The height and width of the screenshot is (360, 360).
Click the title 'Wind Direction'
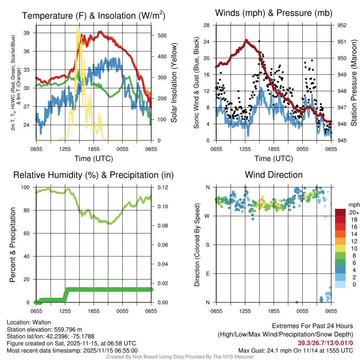click(x=274, y=175)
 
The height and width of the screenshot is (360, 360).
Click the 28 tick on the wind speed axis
click(x=207, y=25)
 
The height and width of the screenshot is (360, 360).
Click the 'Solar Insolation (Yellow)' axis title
click(x=174, y=83)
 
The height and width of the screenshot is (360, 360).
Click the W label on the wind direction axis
click(x=207, y=216)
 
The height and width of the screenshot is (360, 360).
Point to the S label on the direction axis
click(x=208, y=245)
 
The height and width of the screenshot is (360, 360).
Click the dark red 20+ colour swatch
click(x=340, y=212)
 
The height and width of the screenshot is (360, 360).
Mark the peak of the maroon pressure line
click(x=246, y=40)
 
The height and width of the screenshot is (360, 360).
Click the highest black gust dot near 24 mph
click(x=259, y=41)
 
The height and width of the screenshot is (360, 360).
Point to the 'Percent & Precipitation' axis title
click(x=13, y=245)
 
